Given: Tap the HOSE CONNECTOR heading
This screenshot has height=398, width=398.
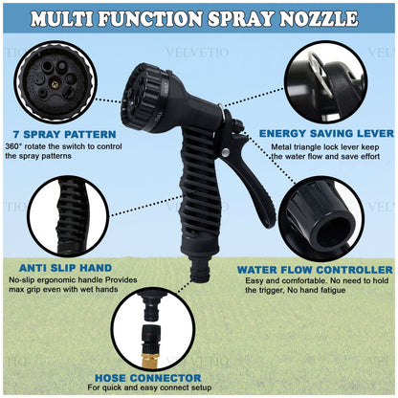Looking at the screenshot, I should click(143, 378).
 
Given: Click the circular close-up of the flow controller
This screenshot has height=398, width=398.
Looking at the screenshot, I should click(324, 219).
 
